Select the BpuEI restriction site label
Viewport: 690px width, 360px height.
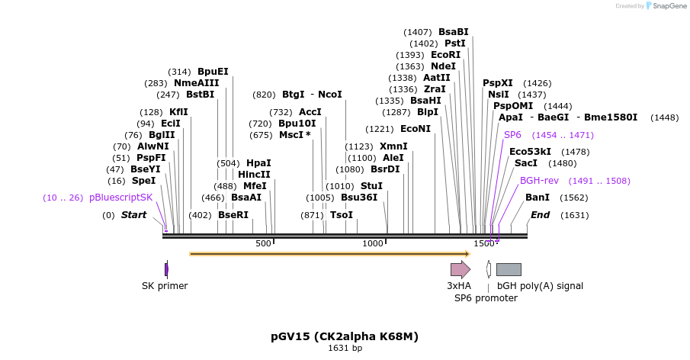click(x=213, y=72)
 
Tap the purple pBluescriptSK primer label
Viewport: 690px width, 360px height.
click(x=120, y=197)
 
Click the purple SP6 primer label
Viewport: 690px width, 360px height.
click(x=512, y=135)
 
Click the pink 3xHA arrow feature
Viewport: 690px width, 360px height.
click(x=461, y=268)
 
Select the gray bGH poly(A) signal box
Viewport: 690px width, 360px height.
click(x=509, y=268)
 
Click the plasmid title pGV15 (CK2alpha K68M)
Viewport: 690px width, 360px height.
click(x=345, y=336)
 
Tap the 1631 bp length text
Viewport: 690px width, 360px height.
click(x=345, y=349)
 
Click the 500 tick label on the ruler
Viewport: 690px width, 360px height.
click(x=263, y=243)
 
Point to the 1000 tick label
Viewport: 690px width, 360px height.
click(x=373, y=243)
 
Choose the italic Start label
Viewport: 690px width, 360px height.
click(x=133, y=215)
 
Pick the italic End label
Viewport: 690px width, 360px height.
click(x=540, y=215)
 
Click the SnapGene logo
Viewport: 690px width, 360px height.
click(x=664, y=6)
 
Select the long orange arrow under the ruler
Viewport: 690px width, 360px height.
click(x=329, y=253)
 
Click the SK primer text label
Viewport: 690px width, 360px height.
click(x=165, y=286)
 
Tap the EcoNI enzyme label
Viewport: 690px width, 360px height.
click(x=415, y=129)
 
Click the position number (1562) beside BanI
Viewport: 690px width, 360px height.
click(x=574, y=198)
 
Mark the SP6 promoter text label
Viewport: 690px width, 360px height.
click(x=486, y=297)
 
